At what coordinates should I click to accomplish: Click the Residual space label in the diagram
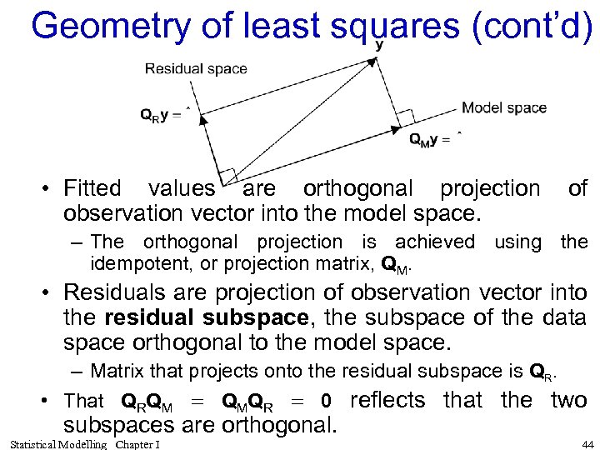196,68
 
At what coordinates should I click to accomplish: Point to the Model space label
504,107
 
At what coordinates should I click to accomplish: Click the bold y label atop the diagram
379,45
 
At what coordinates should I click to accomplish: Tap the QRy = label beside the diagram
163,115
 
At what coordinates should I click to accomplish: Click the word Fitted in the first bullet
92,189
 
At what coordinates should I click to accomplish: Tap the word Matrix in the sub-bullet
117,371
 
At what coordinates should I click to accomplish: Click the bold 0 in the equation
327,402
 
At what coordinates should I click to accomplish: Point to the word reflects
387,401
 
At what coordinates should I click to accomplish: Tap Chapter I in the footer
138,443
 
